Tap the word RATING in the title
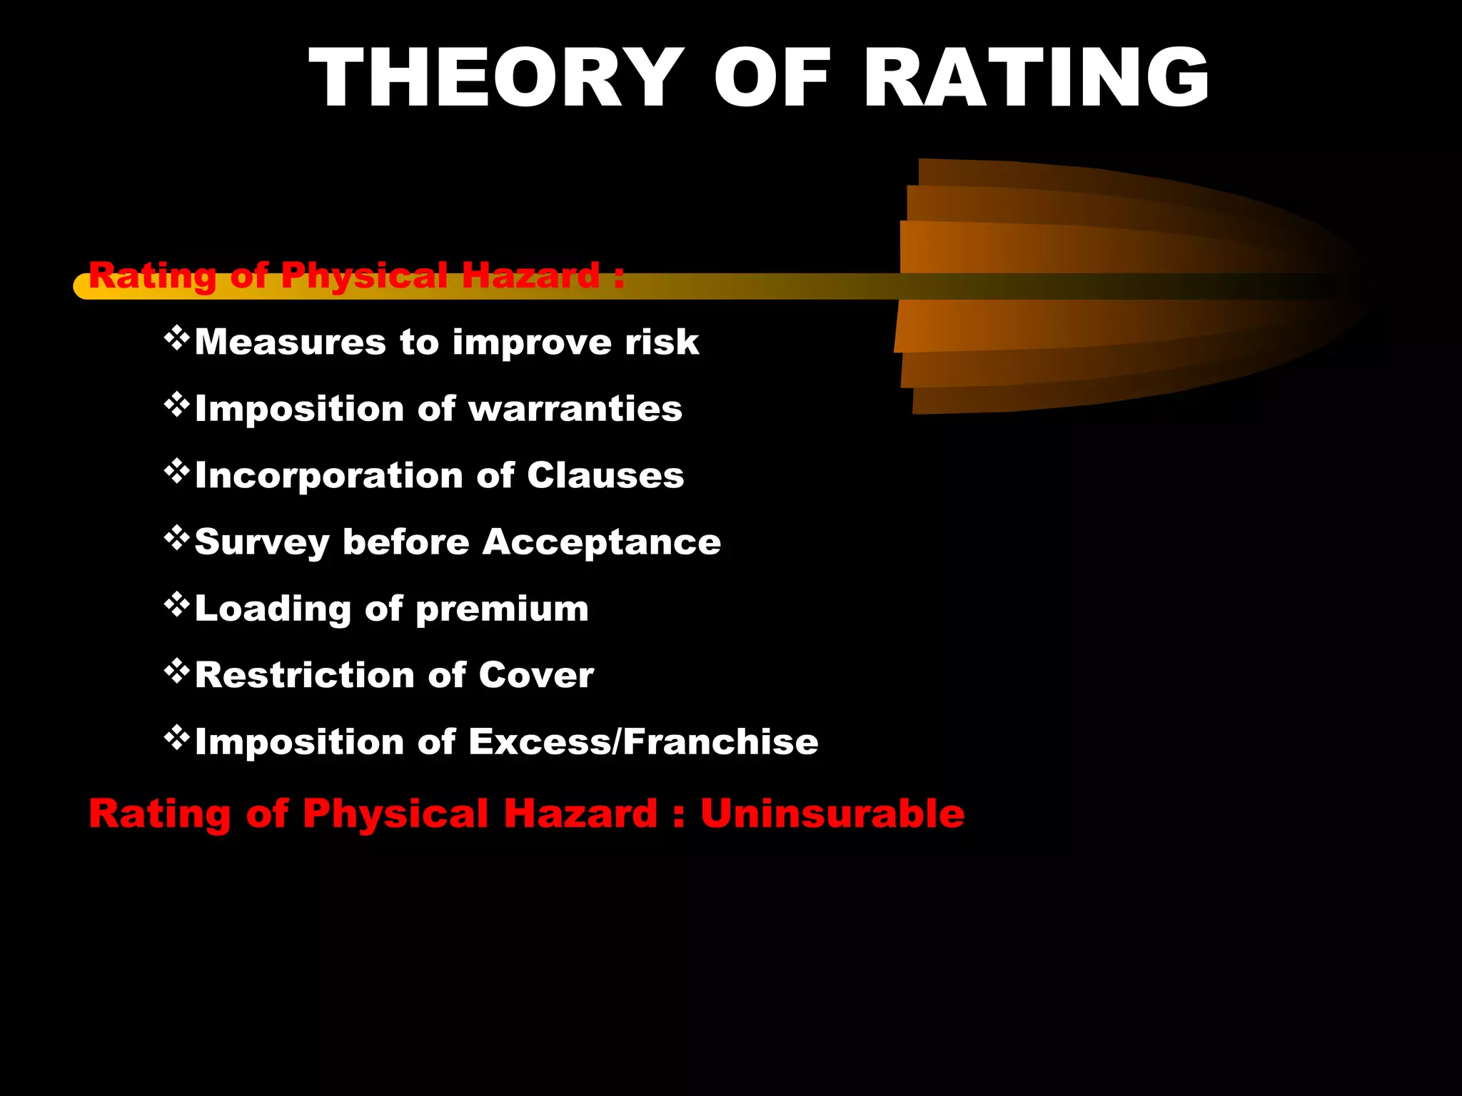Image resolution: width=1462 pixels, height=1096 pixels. (x=1038, y=78)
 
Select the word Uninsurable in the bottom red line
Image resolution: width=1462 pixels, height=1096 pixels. (x=832, y=813)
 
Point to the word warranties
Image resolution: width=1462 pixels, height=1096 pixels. (x=575, y=409)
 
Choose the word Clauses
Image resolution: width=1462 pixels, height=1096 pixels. (x=605, y=475)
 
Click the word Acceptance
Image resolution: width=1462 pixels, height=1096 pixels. (x=602, y=542)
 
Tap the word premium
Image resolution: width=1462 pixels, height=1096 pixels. (x=502, y=609)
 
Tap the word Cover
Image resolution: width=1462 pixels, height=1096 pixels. (x=536, y=675)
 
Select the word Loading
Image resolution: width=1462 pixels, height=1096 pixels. (x=273, y=609)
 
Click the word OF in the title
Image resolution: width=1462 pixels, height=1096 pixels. (x=772, y=78)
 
